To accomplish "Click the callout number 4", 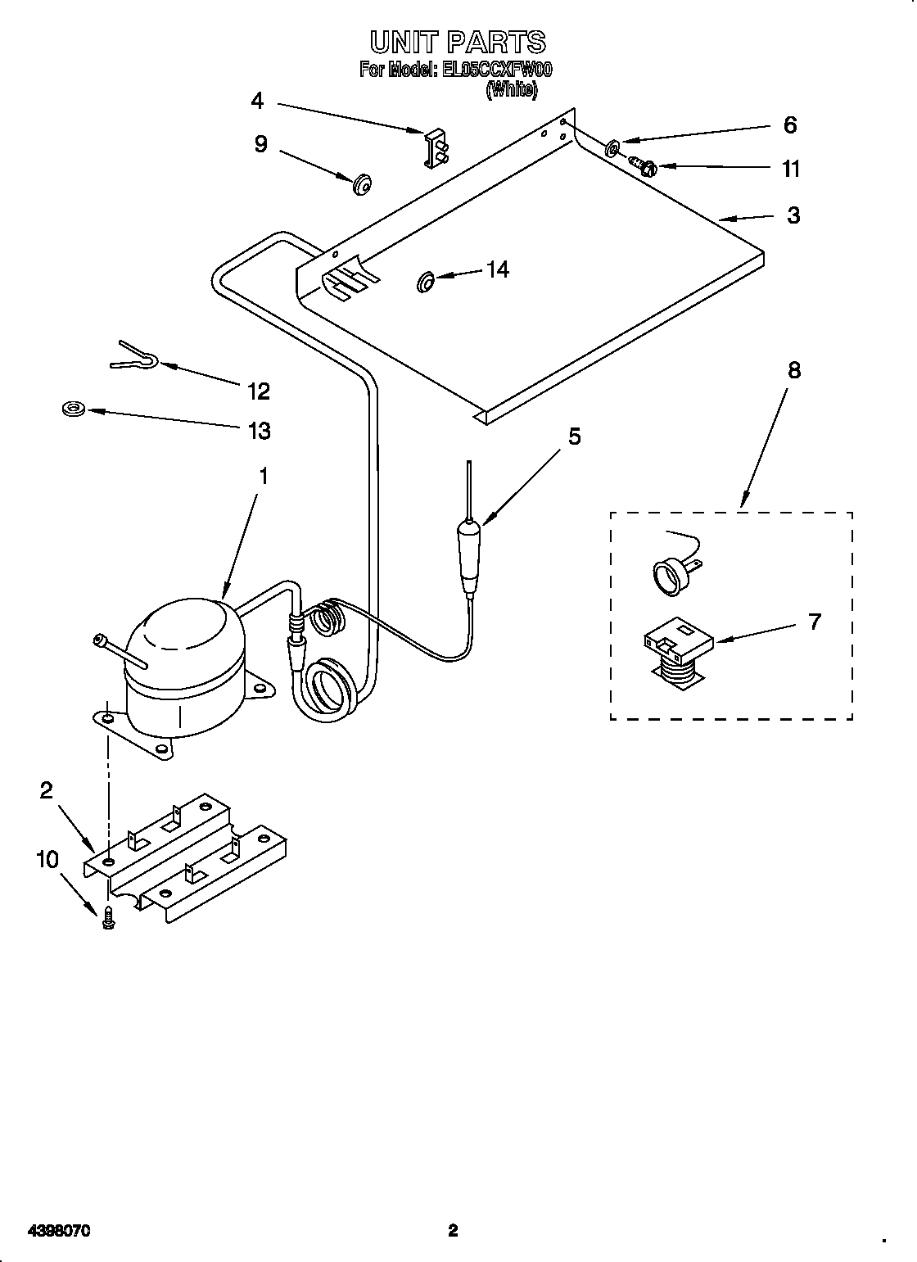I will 257,101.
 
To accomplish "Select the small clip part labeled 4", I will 436,148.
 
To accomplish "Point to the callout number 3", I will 793,215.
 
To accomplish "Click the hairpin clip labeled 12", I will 136,356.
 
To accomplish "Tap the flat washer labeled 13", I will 74,408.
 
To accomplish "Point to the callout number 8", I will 793,370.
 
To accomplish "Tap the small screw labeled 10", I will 107,920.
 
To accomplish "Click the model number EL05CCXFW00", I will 497,70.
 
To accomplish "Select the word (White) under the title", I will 512,91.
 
